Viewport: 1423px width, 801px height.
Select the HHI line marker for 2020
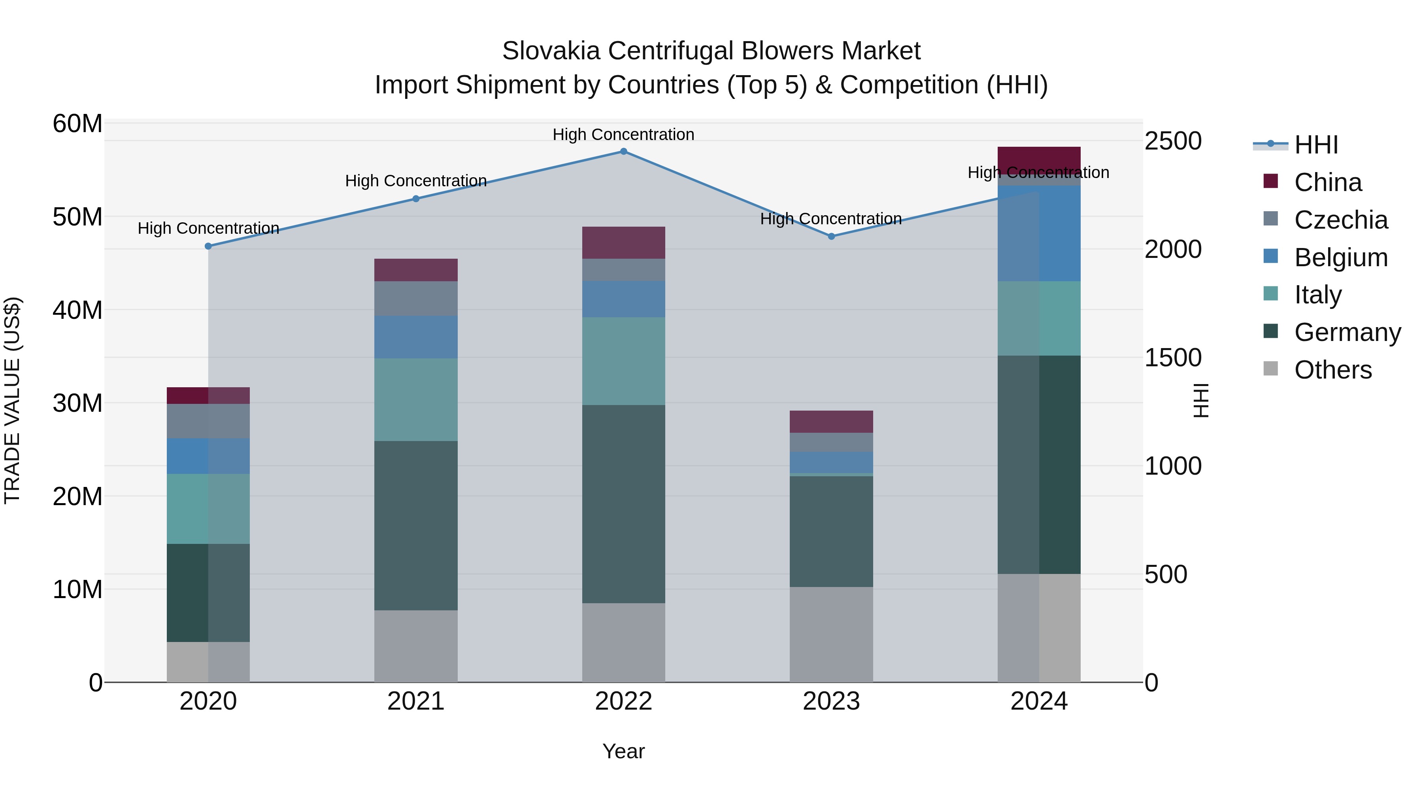coord(208,246)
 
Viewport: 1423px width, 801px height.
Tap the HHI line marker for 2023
coord(831,236)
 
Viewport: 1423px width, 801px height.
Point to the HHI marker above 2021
coord(416,199)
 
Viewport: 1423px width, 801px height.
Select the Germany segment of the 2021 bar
coord(416,525)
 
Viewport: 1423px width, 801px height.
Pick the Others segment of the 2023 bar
coord(831,634)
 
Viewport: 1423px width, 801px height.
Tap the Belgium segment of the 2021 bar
coord(416,337)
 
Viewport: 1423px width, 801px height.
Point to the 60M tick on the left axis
coord(77,123)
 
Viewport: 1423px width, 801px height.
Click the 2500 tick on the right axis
coord(1173,140)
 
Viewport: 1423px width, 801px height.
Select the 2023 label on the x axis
coord(831,701)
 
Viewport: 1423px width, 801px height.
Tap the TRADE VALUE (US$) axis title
coord(12,400)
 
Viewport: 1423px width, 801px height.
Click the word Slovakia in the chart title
coord(551,51)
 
